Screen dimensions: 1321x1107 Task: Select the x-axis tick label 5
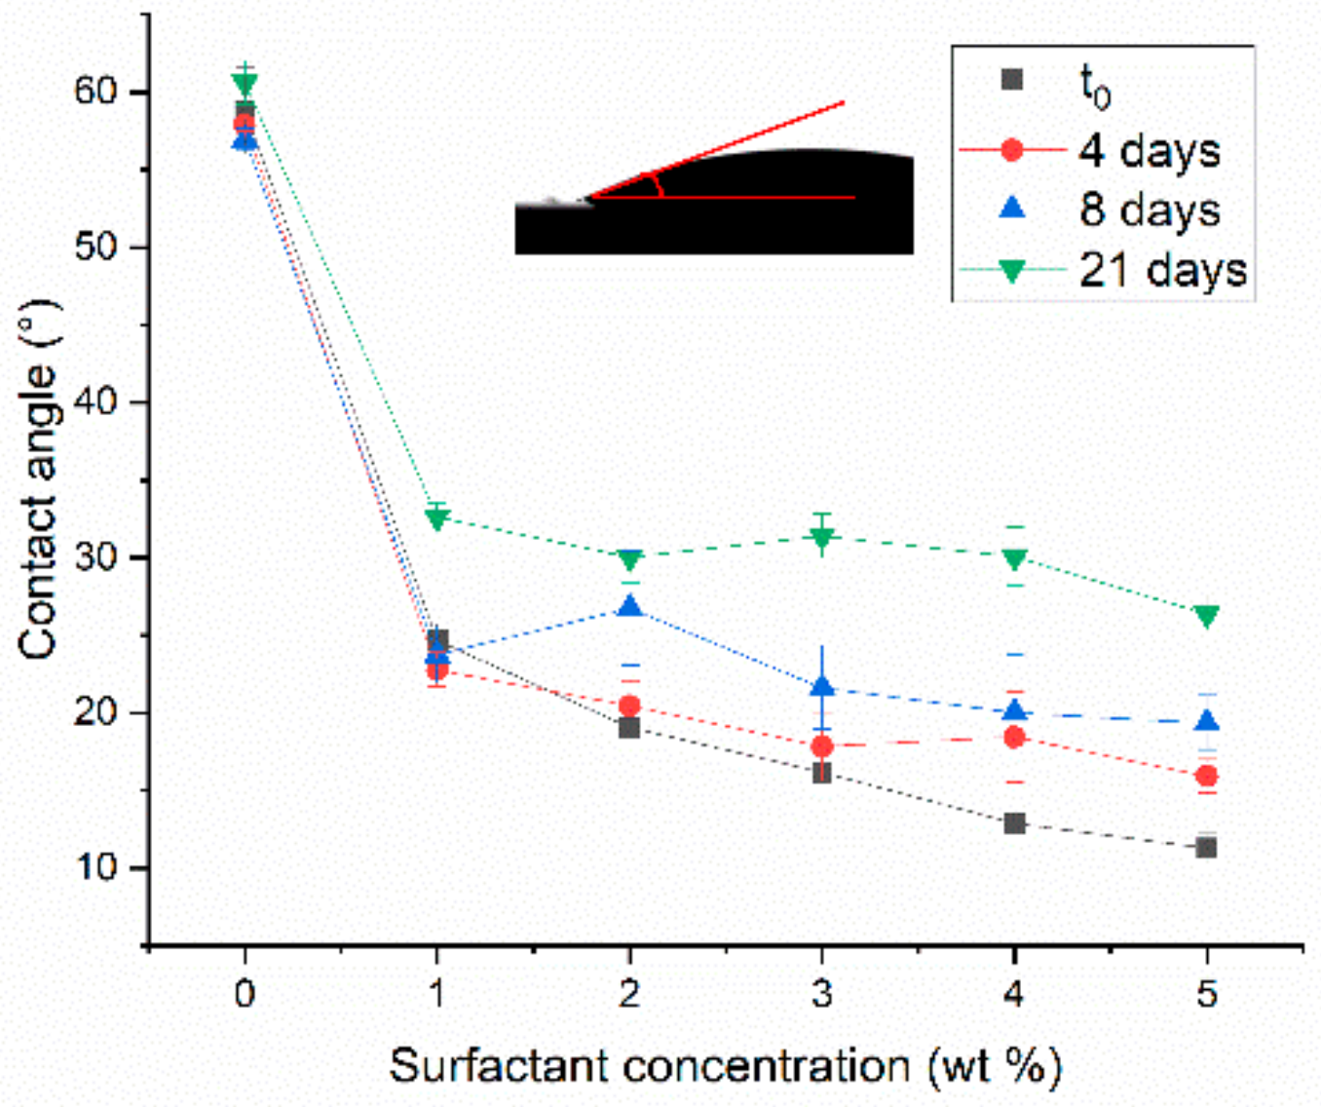[x=1207, y=994]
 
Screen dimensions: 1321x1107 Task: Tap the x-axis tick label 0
[x=245, y=994]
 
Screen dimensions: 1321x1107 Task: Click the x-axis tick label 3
[x=822, y=994]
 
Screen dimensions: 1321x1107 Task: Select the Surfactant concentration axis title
[x=725, y=1066]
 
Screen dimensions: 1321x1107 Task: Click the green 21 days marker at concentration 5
[x=1207, y=616]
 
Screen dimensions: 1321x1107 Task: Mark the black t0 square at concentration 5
[x=1207, y=848]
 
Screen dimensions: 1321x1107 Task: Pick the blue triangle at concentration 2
[x=629, y=607]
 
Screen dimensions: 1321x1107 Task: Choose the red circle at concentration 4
[x=1014, y=738]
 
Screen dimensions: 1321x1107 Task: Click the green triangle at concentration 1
[x=436, y=519]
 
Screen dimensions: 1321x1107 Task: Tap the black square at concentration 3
[x=822, y=773]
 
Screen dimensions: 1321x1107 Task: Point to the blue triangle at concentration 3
[x=822, y=687]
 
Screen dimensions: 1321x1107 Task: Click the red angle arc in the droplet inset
[x=659, y=184]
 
